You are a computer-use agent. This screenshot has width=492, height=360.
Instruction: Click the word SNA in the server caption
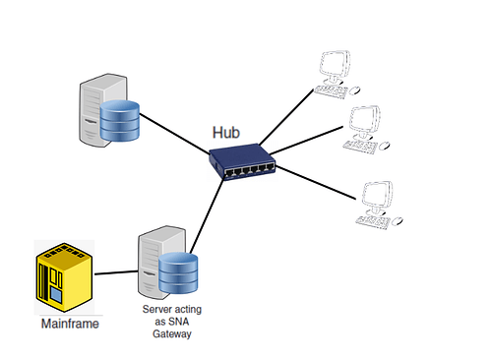pos(179,322)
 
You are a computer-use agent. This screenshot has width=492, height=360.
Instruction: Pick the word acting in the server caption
pos(187,309)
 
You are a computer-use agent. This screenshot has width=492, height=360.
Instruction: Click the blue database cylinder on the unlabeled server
pos(117,120)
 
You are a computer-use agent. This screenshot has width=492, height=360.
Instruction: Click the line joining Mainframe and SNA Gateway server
pos(117,271)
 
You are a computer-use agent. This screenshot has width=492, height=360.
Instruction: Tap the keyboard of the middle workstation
pos(364,144)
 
